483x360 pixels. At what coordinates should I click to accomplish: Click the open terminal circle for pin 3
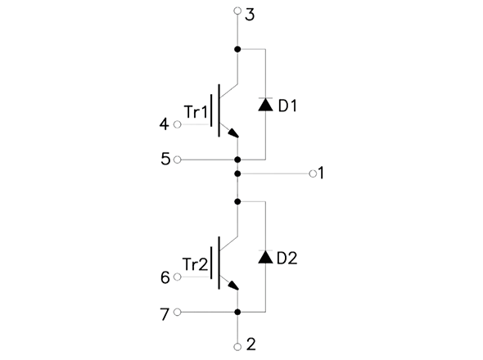click(237, 11)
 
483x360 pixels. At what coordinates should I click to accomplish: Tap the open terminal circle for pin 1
click(313, 173)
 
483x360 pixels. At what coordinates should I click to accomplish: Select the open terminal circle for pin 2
click(237, 347)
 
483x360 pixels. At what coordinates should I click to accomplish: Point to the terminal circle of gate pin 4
click(178, 124)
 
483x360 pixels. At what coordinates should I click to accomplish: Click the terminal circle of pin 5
click(178, 160)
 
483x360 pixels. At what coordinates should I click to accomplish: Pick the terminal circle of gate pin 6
click(178, 277)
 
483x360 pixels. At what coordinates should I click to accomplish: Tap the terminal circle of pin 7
click(178, 312)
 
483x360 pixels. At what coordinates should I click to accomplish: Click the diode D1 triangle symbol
click(265, 105)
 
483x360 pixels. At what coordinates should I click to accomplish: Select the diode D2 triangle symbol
click(265, 257)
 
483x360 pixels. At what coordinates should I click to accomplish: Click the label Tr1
click(196, 112)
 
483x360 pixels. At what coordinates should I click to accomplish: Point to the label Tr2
click(196, 264)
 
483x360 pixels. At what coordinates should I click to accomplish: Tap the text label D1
click(287, 106)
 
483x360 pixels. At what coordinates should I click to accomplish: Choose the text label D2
click(287, 259)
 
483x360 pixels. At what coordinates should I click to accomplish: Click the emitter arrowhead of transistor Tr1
click(233, 133)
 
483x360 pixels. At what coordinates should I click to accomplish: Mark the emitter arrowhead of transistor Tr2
click(233, 286)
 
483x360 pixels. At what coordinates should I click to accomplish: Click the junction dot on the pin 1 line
click(237, 173)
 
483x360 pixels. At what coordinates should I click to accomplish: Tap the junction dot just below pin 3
click(237, 49)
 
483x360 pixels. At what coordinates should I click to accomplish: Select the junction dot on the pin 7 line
click(237, 312)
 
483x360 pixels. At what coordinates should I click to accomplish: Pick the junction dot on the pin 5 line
click(237, 160)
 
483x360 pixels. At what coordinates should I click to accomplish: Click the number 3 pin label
click(250, 15)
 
